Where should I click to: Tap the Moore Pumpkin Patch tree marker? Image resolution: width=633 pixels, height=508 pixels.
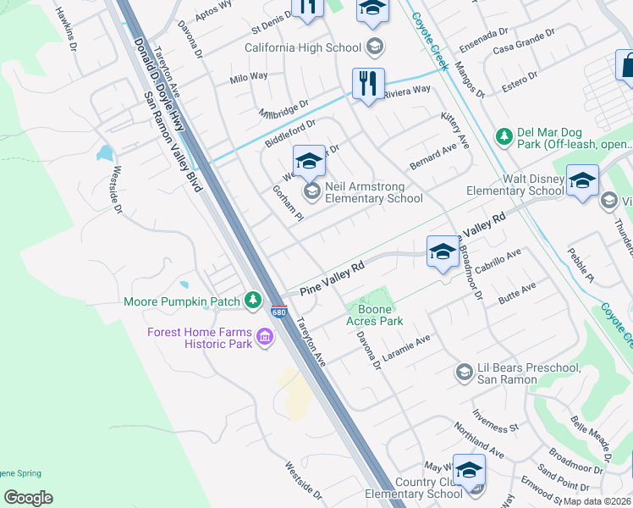coord(252,301)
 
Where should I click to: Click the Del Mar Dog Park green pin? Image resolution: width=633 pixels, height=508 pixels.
coord(504,135)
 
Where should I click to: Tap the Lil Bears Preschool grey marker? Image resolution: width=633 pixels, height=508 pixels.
coord(463,372)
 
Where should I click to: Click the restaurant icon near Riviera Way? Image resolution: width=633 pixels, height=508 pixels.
coord(368,84)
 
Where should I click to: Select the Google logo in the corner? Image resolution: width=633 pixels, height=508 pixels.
coord(28,498)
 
